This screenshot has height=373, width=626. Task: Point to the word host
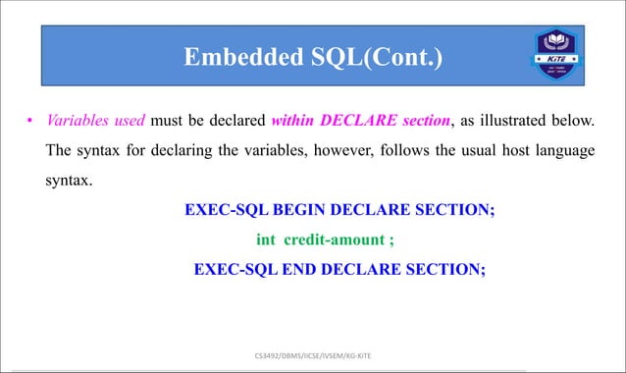515,152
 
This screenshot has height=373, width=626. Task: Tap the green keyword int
265,239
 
